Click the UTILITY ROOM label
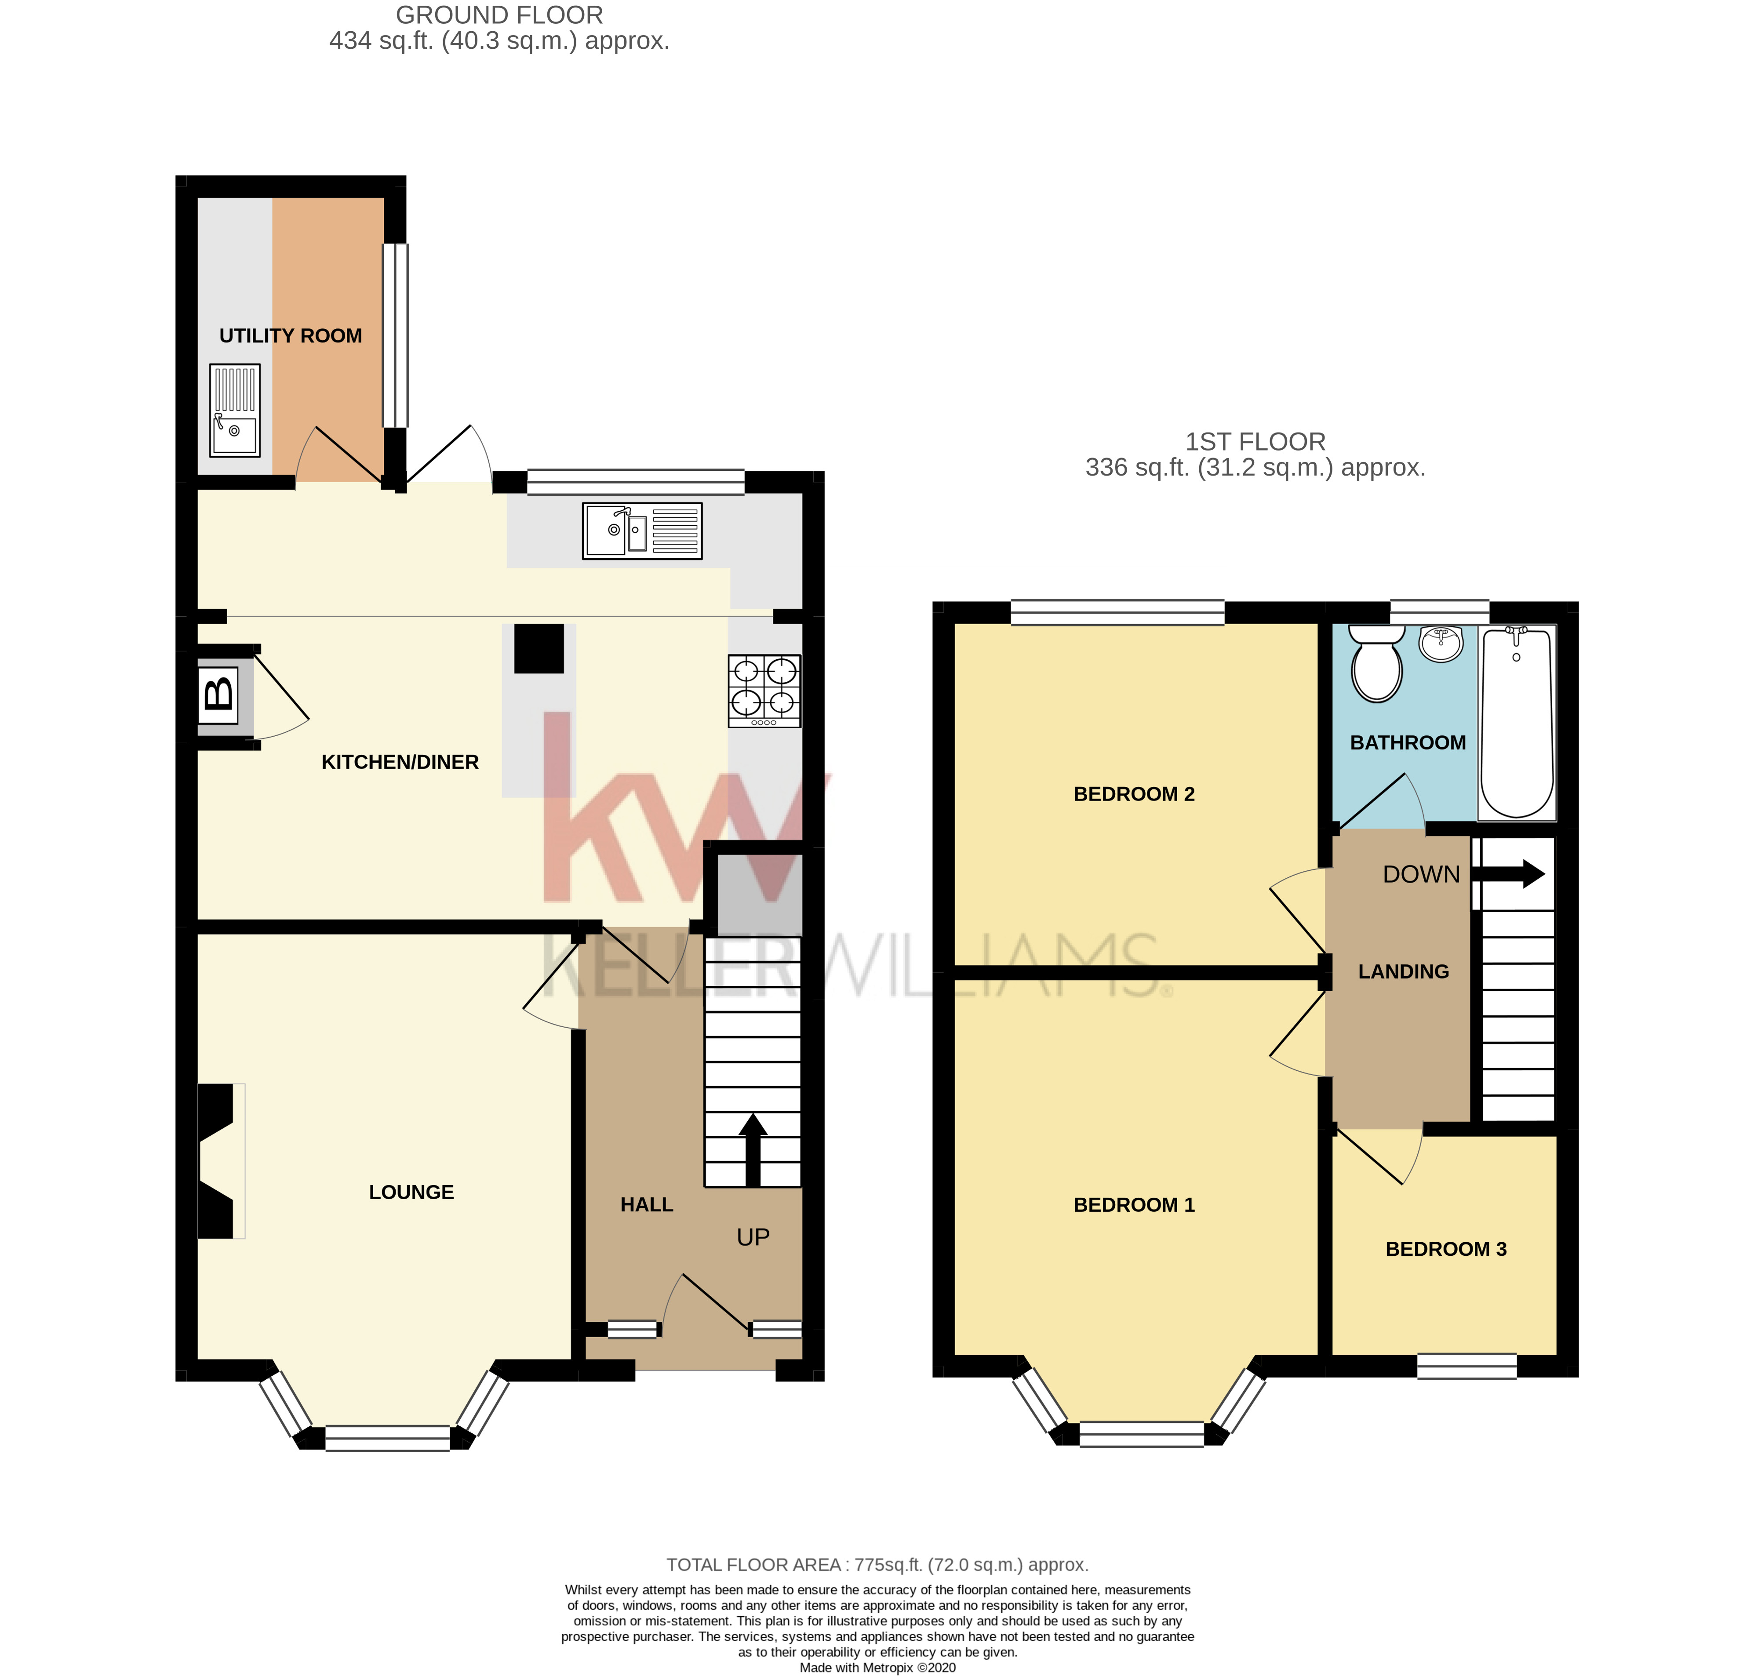pyautogui.click(x=291, y=336)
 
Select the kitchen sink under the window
pyautogui.click(x=641, y=531)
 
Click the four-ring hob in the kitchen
pyautogui.click(x=764, y=691)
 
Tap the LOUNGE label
pyautogui.click(x=411, y=1192)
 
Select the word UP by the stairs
pyautogui.click(x=752, y=1237)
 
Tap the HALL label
pyautogui.click(x=646, y=1204)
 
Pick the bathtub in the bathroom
pyautogui.click(x=1516, y=722)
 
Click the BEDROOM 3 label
pyautogui.click(x=1445, y=1249)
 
